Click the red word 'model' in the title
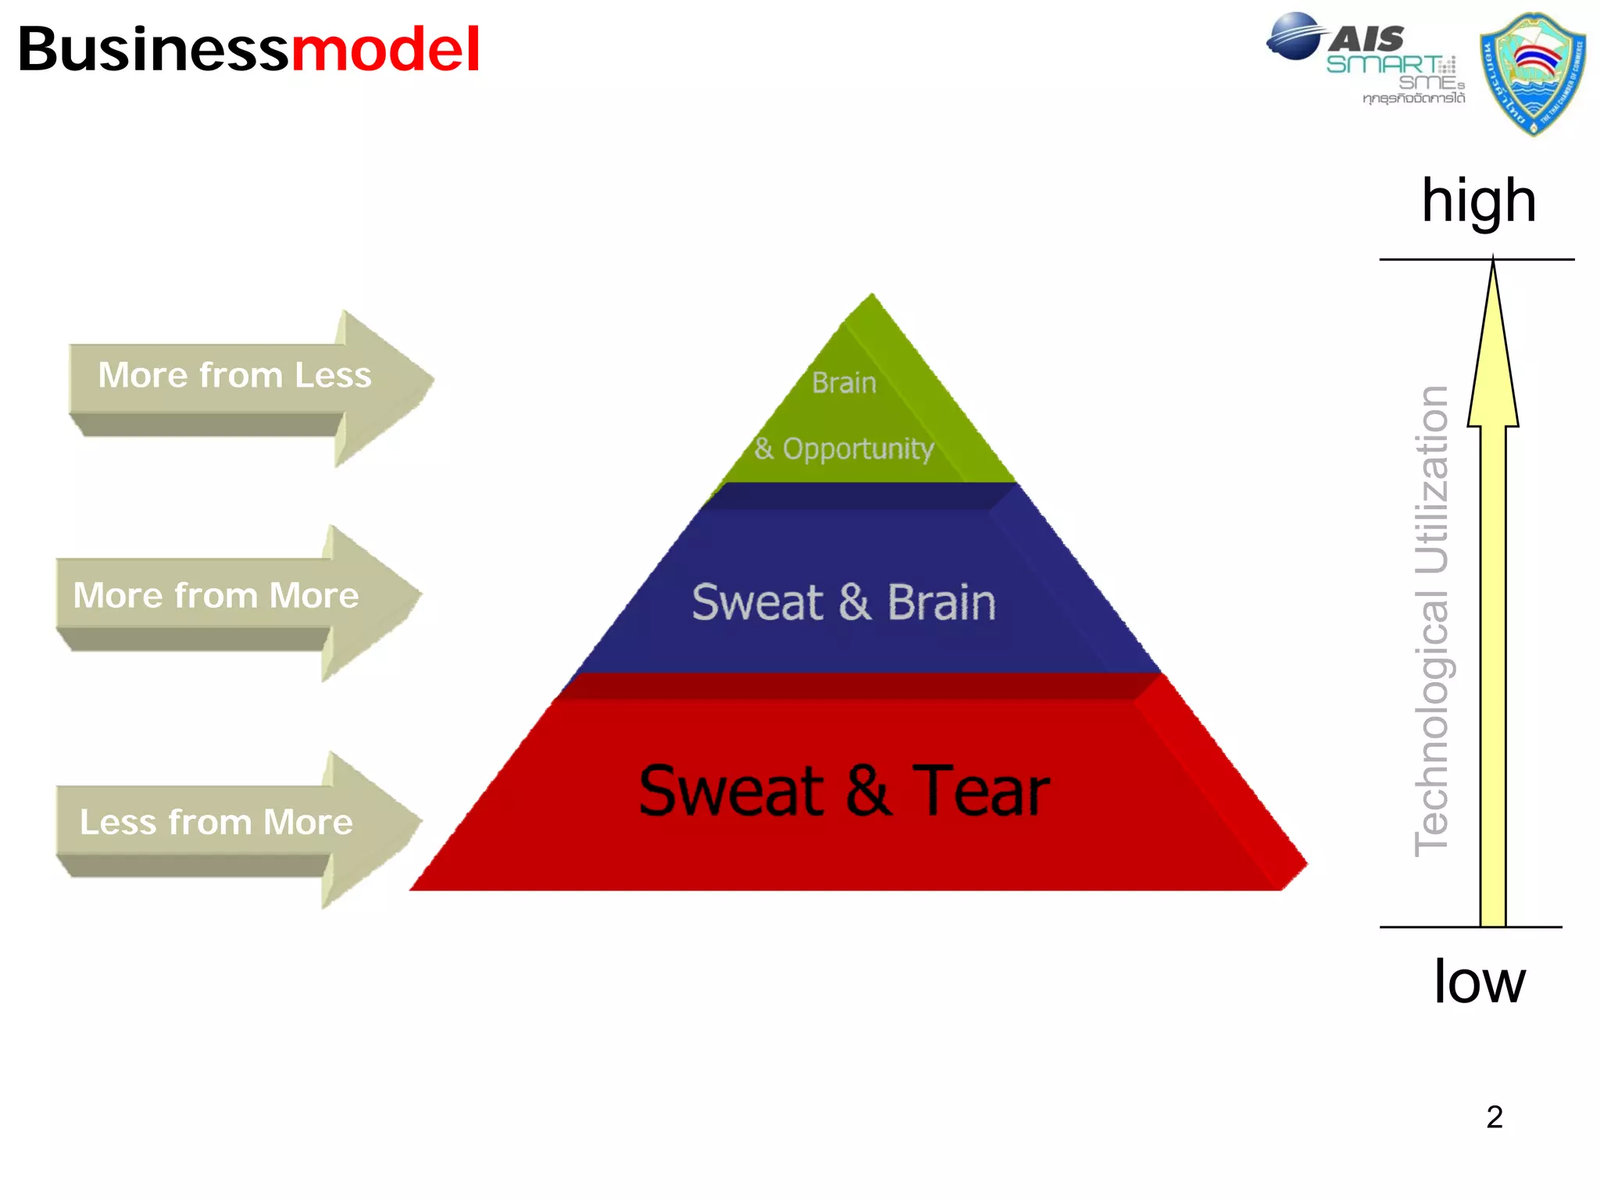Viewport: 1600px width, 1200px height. [x=385, y=49]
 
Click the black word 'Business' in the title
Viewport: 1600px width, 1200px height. [x=153, y=49]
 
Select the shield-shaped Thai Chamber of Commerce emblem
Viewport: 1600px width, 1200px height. [x=1532, y=73]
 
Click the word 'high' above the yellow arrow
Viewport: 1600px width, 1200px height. [x=1478, y=201]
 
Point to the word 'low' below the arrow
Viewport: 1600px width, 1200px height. [x=1479, y=981]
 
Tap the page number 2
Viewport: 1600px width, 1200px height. [x=1494, y=1117]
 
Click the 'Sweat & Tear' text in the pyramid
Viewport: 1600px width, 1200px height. [x=844, y=791]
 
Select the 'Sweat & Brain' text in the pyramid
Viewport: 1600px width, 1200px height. [x=844, y=602]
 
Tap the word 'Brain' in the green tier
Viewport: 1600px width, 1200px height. [x=844, y=383]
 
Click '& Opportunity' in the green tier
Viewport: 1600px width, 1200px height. [x=844, y=448]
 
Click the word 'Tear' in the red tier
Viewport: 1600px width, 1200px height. [x=980, y=791]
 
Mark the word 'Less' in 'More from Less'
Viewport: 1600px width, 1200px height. [x=333, y=375]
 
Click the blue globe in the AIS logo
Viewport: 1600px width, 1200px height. [x=1295, y=36]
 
